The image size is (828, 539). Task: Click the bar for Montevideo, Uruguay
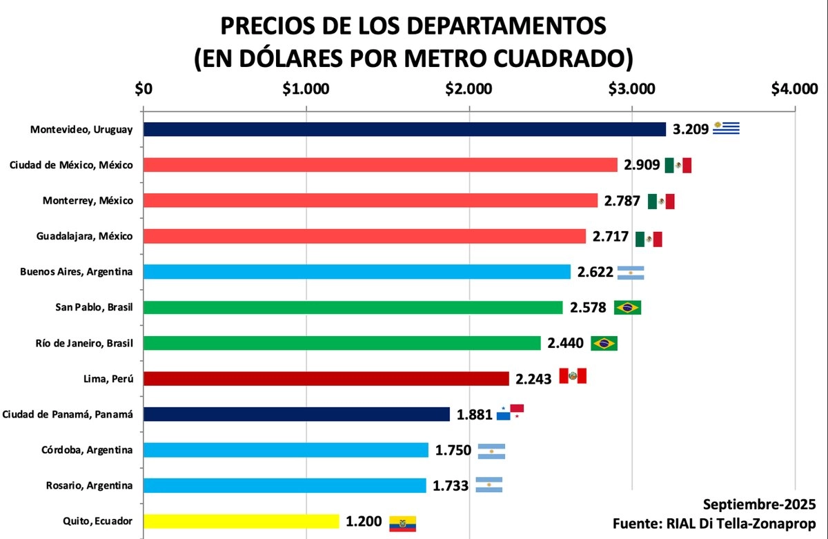coord(404,129)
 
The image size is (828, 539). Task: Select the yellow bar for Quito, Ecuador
coord(241,521)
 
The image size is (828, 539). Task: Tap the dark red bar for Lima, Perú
coord(326,378)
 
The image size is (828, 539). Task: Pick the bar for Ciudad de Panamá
coord(297,414)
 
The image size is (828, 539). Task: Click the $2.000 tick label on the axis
coord(469,89)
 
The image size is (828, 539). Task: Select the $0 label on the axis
coord(144,89)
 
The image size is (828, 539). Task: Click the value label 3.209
coord(691,129)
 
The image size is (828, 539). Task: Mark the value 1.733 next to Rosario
coord(451,485)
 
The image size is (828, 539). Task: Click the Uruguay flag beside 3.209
coord(726,128)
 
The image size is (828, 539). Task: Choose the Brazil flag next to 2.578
coord(627,308)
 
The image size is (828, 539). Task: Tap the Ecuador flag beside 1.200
coord(403,523)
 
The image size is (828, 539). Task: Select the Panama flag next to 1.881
coord(511,412)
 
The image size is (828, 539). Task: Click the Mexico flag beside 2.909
coord(678,165)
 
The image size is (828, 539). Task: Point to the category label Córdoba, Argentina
coord(87,450)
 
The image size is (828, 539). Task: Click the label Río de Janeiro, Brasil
coord(83,343)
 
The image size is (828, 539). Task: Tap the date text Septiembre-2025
coord(759,503)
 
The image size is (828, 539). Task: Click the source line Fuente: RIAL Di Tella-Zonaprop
coord(716,524)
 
